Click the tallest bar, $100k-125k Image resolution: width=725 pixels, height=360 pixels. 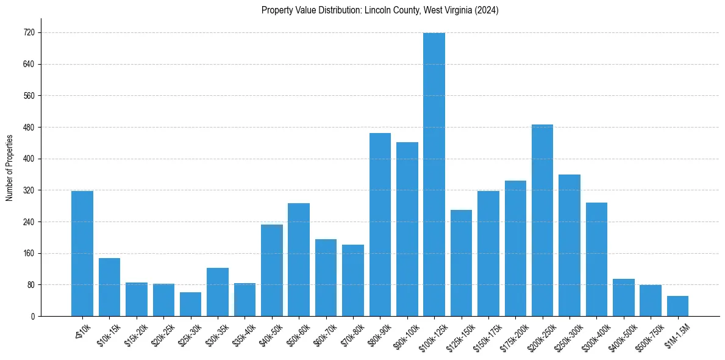pyautogui.click(x=434, y=175)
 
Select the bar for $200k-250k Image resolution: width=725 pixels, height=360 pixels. pyautogui.click(x=542, y=220)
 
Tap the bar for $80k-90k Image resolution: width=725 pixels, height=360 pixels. pyautogui.click(x=380, y=225)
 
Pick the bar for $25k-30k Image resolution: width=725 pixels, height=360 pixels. pyautogui.click(x=190, y=304)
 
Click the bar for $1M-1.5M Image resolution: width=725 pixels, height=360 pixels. pyautogui.click(x=677, y=306)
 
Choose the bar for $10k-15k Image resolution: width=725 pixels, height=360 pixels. pyautogui.click(x=109, y=287)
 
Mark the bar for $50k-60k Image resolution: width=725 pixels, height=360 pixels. pyautogui.click(x=299, y=260)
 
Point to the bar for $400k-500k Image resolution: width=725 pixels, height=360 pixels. pyautogui.click(x=623, y=298)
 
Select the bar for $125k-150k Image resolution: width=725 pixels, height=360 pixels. pyautogui.click(x=461, y=263)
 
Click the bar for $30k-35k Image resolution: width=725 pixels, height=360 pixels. pyautogui.click(x=218, y=292)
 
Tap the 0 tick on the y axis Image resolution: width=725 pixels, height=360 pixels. pyautogui.click(x=33, y=317)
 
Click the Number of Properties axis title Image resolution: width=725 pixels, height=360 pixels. pyautogui.click(x=9, y=168)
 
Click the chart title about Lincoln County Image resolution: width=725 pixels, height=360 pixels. pyautogui.click(x=380, y=10)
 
